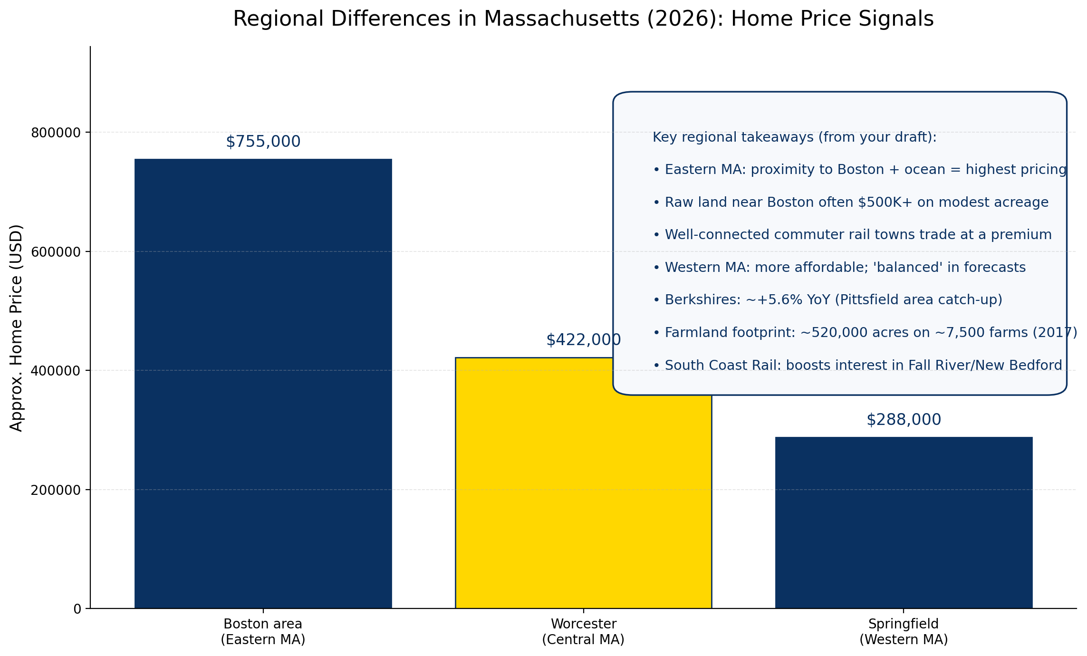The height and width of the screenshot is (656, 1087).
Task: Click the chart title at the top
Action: [x=583, y=19]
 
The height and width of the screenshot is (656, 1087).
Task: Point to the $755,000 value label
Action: [x=263, y=142]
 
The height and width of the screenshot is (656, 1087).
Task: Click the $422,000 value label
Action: [x=583, y=340]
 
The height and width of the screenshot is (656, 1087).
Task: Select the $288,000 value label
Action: [x=903, y=420]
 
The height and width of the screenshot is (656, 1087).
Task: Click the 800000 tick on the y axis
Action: [x=56, y=133]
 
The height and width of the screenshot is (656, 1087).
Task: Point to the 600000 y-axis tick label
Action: [x=56, y=252]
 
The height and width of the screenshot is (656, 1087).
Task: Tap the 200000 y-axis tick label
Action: [x=56, y=490]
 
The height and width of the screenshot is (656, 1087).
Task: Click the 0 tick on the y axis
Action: [x=77, y=609]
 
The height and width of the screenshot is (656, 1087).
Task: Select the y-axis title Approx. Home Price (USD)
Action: [x=16, y=328]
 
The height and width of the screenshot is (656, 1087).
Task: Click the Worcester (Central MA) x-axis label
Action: [x=583, y=631]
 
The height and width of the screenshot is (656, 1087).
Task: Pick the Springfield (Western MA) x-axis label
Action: [x=903, y=631]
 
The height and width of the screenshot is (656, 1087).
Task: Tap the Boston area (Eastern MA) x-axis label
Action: [x=263, y=631]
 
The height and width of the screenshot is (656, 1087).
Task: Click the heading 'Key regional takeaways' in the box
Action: [x=794, y=137]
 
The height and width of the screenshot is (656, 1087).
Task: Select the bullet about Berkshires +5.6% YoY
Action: [x=827, y=300]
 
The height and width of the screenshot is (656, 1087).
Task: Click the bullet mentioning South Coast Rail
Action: [x=857, y=365]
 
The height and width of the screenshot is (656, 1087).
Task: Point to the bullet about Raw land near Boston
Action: [x=850, y=203]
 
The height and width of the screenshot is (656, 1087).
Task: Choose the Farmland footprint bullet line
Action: [x=865, y=333]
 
